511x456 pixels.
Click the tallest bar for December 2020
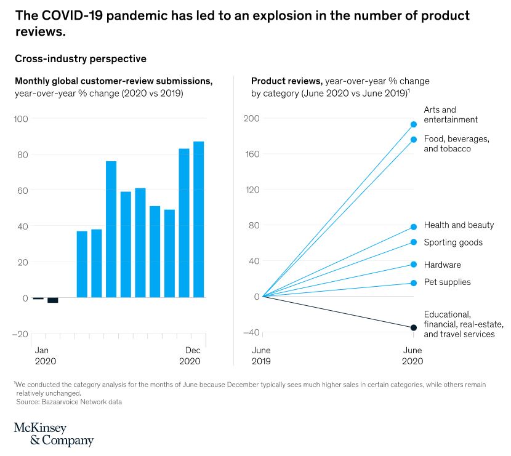pos(199,219)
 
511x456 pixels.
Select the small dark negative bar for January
pos(38,298)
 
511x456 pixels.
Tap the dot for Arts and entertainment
pos(414,124)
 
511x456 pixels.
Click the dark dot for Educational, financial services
pos(414,327)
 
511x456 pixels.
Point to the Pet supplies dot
pos(414,283)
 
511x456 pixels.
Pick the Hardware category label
pos(442,265)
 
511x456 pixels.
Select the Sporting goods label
pos(453,242)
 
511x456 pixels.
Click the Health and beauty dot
pos(414,227)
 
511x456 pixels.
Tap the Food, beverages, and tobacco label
pos(456,144)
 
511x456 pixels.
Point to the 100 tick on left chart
pos(21,118)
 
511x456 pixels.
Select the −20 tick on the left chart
pos(21,334)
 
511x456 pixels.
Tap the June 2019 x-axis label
pos(262,355)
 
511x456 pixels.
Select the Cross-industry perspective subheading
pos(80,59)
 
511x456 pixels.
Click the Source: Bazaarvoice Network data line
pos(69,402)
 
